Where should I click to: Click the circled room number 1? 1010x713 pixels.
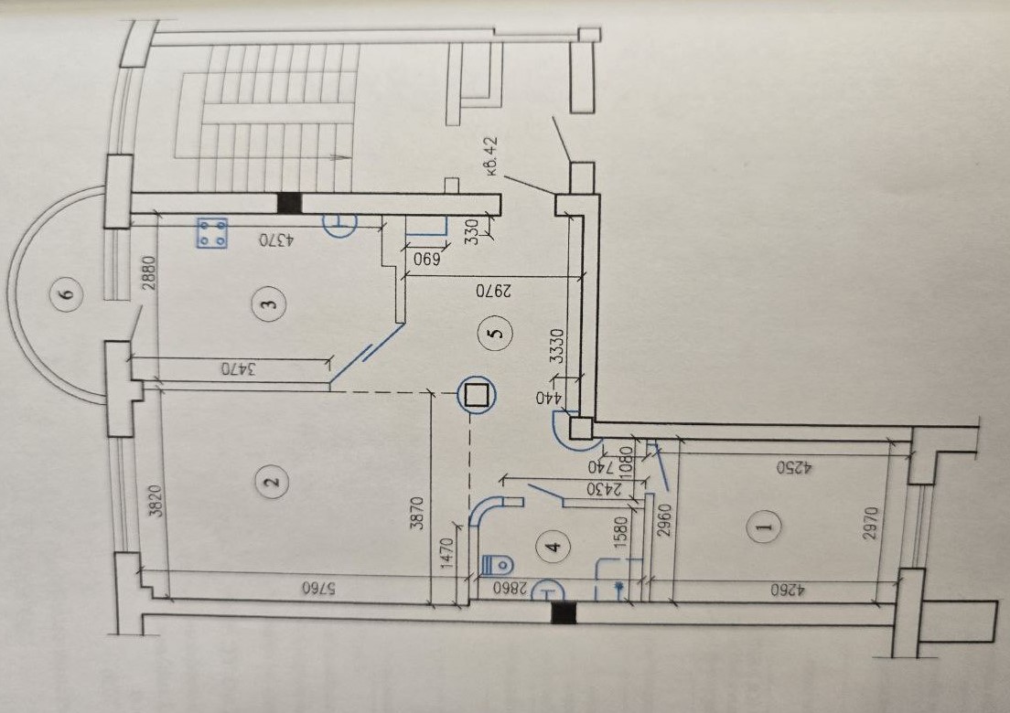[765, 527]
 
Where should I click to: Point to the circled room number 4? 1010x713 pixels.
[554, 547]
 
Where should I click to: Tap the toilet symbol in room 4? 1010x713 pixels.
[498, 565]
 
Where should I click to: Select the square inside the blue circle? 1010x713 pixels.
[478, 395]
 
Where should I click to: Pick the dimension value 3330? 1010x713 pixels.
[558, 346]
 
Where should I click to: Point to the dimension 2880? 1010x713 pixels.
[149, 273]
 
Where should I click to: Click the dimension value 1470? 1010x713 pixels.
[449, 554]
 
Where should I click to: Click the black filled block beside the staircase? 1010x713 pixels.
[289, 203]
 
